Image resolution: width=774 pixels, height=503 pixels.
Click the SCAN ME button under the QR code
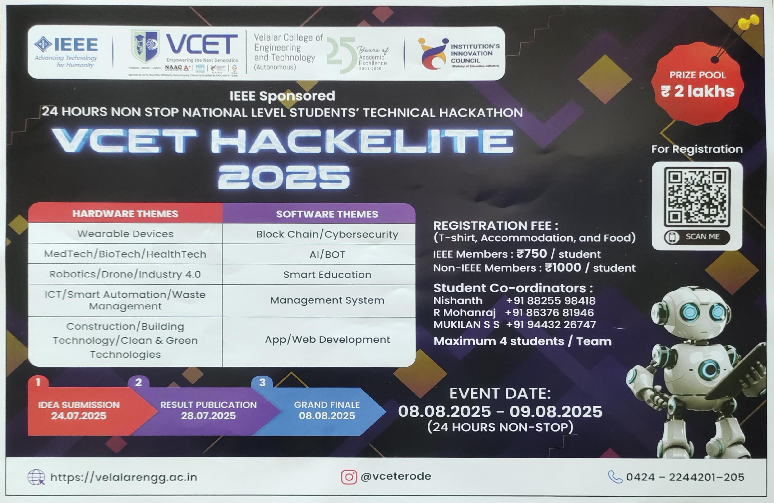[x=697, y=237]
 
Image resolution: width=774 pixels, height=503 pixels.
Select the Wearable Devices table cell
[x=125, y=234]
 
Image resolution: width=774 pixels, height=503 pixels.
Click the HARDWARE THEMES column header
[x=125, y=214]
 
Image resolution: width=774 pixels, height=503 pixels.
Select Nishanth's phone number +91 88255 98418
[x=551, y=300]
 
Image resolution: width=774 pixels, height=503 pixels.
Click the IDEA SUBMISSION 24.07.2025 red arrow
[x=79, y=410]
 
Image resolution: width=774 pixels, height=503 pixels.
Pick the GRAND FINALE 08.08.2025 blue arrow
[x=327, y=410]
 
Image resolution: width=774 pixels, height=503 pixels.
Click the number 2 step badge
[x=138, y=382]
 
